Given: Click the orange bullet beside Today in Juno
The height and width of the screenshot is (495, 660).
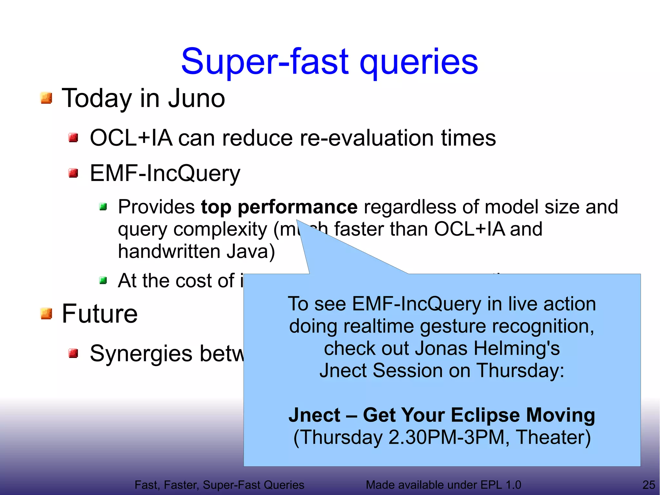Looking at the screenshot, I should point(46,98).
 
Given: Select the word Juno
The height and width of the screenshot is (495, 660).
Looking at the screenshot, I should point(196,98).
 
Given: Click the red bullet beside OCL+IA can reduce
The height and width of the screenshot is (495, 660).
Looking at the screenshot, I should point(73,138).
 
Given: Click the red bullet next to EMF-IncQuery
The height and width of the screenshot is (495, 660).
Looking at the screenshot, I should point(73,173).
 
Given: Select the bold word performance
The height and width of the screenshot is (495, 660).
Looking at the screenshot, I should point(297,207).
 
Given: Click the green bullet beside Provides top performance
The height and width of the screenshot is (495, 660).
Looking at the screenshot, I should point(103,206).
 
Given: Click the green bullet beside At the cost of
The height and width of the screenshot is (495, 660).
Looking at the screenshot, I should point(103,281).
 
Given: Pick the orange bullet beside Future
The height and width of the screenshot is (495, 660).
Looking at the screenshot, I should point(46,313).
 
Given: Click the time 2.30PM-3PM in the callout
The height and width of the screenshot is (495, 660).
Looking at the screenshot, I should point(447,438).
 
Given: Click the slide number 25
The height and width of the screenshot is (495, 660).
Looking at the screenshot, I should point(648,485).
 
